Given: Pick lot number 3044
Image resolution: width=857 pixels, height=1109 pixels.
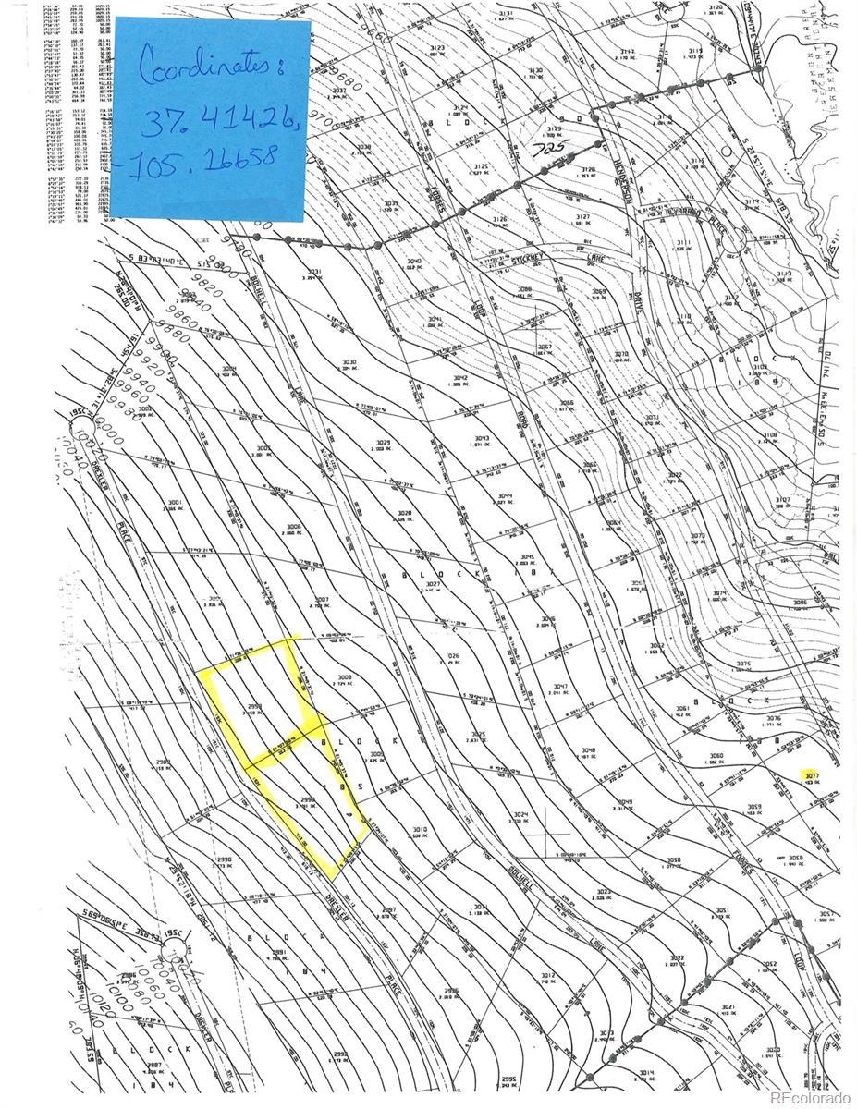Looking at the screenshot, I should [x=504, y=496].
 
